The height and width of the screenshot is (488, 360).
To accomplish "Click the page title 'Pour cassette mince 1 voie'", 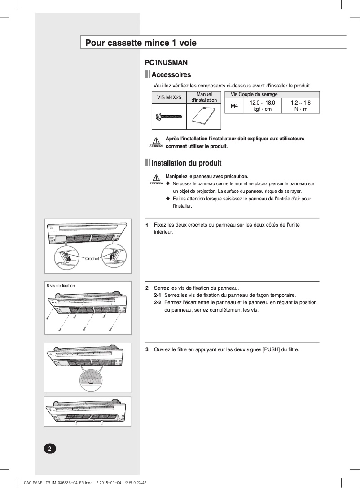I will tap(141, 44).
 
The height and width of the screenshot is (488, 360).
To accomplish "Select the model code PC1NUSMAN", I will tap(166, 63).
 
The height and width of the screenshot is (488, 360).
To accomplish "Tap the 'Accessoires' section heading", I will tap(171, 74).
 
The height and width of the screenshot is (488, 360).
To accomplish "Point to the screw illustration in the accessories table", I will tap(168, 117).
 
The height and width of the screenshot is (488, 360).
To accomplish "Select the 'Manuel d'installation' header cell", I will tap(204, 97).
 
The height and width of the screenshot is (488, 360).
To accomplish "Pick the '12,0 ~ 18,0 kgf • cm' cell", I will tap(262, 106).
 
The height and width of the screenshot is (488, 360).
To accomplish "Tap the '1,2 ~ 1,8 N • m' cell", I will tap(301, 106).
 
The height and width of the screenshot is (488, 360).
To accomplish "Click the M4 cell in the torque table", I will tap(234, 106).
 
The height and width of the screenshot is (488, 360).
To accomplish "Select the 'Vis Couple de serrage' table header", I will tap(254, 94).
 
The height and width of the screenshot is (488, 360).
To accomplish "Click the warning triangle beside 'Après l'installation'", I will tap(156, 141).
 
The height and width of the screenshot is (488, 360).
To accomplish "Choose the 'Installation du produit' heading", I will tap(186, 162).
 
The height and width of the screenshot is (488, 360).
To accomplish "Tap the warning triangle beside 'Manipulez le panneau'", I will tap(156, 178).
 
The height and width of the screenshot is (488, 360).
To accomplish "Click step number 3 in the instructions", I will tap(147, 349).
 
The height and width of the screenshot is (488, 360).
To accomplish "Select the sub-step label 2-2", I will tap(157, 302).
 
